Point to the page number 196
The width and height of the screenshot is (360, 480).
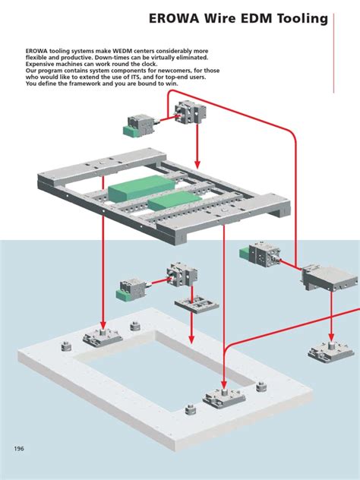point(20,448)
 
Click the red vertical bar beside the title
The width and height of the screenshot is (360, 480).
point(336,49)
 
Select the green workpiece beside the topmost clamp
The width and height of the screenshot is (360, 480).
point(133,131)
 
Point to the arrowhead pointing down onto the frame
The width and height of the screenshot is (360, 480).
point(197,164)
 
